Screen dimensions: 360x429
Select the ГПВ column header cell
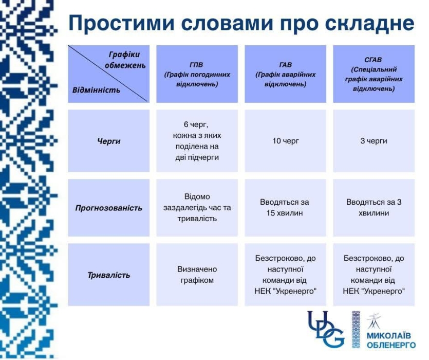pyautogui.click(x=197, y=74)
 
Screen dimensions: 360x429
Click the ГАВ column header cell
pyautogui.click(x=285, y=74)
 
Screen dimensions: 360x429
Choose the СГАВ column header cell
pyautogui.click(x=374, y=74)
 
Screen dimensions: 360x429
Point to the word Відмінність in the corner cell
pyautogui.click(x=96, y=90)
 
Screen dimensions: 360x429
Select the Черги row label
pyautogui.click(x=108, y=141)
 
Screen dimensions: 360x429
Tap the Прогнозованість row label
pyautogui.click(x=108, y=208)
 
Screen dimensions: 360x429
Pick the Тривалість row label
pyautogui.click(x=108, y=275)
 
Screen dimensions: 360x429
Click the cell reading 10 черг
pyautogui.click(x=285, y=141)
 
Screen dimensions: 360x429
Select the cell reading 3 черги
pyautogui.click(x=374, y=141)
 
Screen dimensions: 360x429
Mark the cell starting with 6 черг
pyautogui.click(x=197, y=141)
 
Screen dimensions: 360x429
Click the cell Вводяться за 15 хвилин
pyautogui.click(x=285, y=208)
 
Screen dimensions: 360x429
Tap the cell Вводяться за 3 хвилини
pyautogui.click(x=374, y=208)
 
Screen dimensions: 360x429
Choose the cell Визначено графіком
pyautogui.click(x=197, y=275)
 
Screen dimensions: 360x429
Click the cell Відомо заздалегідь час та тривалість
pyautogui.click(x=197, y=208)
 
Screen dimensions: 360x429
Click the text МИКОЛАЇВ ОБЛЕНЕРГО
pyautogui.click(x=391, y=340)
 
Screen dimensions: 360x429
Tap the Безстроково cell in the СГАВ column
pyautogui.click(x=374, y=275)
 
